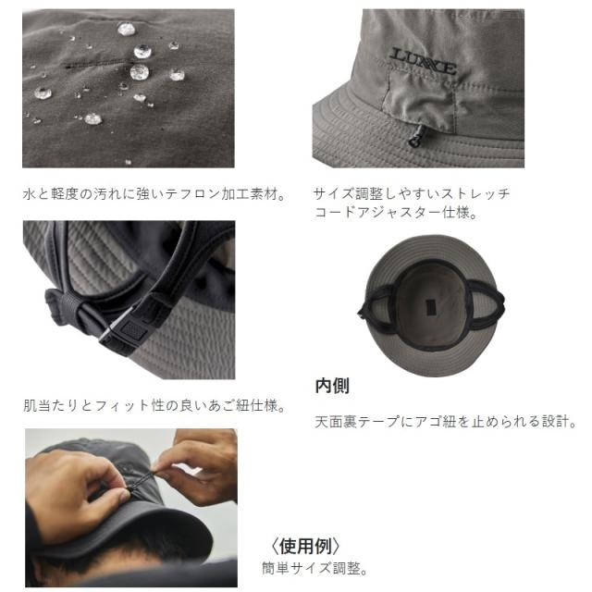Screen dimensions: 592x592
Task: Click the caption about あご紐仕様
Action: [x=154, y=405]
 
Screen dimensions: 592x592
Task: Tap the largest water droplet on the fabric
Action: [x=141, y=71]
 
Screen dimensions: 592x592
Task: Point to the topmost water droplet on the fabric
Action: [x=127, y=29]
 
